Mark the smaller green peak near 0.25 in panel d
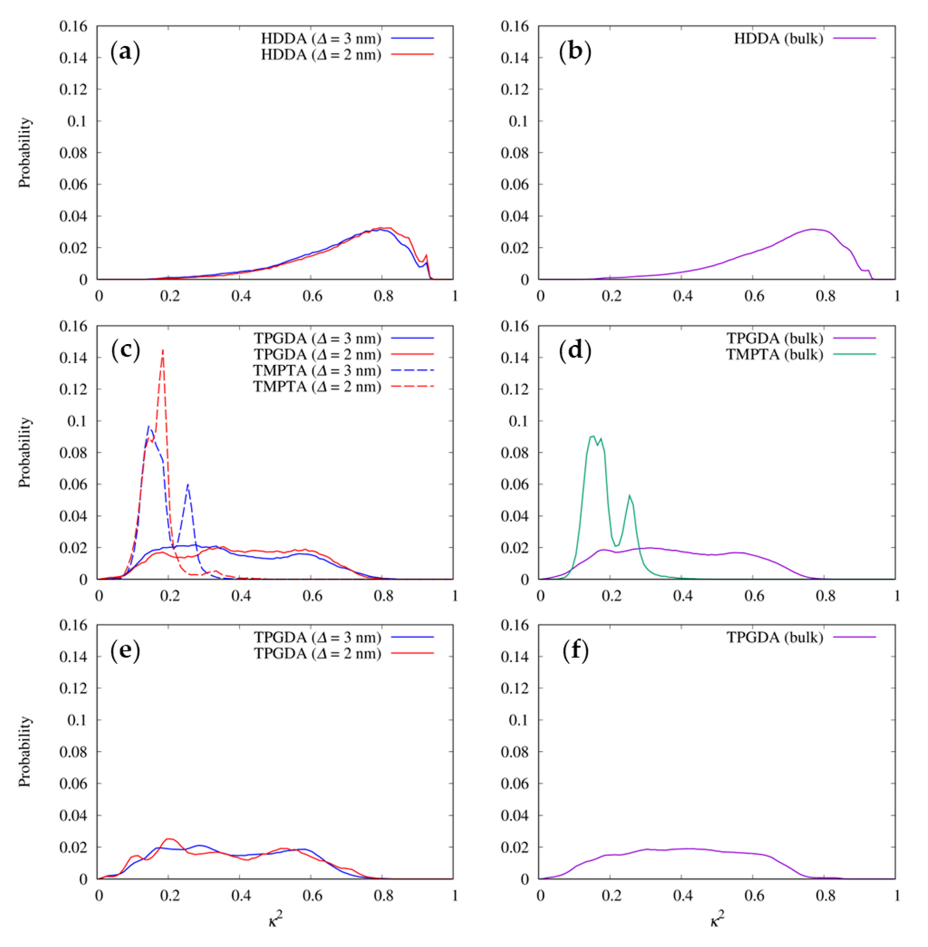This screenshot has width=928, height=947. (630, 496)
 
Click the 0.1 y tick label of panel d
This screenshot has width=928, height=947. (518, 421)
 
